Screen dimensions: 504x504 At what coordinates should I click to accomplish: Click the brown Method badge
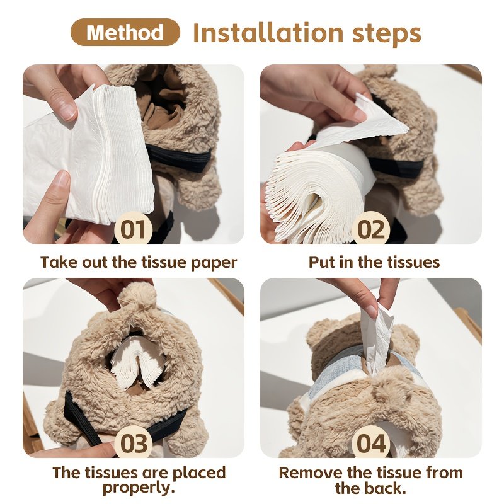pyautogui.click(x=125, y=32)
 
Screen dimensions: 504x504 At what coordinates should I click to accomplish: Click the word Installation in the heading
pyautogui.click(x=268, y=33)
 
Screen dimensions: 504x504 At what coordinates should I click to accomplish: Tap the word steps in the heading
pyautogui.click(x=387, y=35)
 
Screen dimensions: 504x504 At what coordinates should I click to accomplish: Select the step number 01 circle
pyautogui.click(x=133, y=229)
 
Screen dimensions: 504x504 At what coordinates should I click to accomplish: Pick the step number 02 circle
pyautogui.click(x=370, y=229)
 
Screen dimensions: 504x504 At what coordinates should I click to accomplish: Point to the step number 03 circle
pyautogui.click(x=133, y=443)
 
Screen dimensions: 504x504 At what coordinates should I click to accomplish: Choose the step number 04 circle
pyautogui.click(x=370, y=443)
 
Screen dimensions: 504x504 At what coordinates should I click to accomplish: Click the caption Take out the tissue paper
pyautogui.click(x=139, y=263)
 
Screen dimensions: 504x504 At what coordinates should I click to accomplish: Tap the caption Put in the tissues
pyautogui.click(x=374, y=262)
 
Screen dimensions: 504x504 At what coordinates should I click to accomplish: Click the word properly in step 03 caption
pyautogui.click(x=139, y=488)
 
